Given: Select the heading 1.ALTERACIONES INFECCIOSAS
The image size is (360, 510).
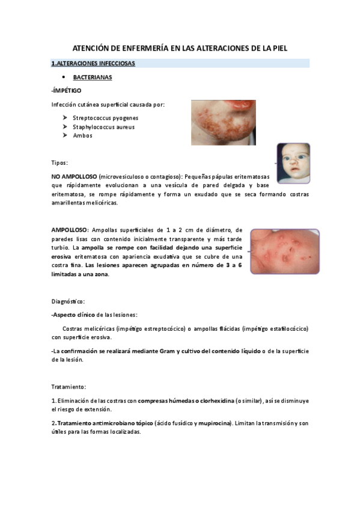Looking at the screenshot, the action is [x=93, y=63].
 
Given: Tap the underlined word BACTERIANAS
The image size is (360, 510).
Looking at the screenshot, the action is [x=93, y=78].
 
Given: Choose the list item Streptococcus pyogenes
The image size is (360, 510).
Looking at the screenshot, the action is [x=106, y=118].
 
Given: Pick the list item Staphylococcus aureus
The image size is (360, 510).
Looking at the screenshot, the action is [x=104, y=127].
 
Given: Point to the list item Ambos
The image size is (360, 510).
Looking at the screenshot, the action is [x=83, y=136].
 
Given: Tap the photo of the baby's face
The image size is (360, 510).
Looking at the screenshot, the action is [x=293, y=163].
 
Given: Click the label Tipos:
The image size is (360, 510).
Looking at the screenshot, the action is [x=59, y=163].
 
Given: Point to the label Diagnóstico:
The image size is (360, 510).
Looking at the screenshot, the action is [x=68, y=300].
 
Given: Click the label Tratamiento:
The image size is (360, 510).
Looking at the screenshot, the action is [x=69, y=386].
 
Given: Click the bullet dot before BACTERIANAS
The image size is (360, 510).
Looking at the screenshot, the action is [x=64, y=78].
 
